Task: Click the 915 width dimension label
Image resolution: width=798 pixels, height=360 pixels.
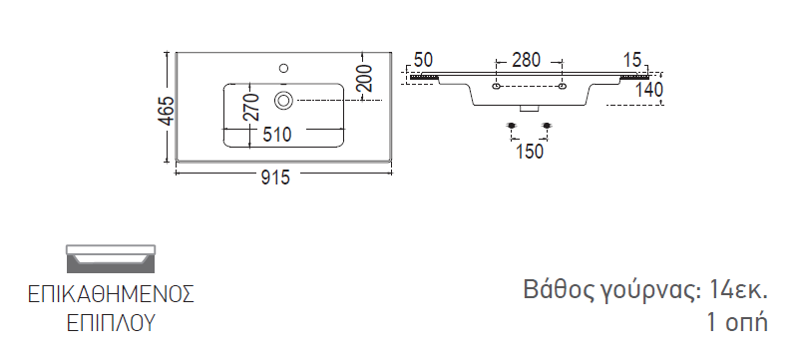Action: (x=275, y=177)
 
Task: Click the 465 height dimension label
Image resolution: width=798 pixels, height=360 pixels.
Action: (x=167, y=111)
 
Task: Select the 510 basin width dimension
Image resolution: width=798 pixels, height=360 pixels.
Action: (x=277, y=135)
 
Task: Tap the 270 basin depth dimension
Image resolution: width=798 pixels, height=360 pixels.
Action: (x=251, y=108)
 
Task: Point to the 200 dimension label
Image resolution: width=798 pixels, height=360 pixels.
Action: (x=364, y=78)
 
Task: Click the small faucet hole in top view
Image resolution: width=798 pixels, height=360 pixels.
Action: (x=284, y=68)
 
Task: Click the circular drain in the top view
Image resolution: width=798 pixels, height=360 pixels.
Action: (x=283, y=100)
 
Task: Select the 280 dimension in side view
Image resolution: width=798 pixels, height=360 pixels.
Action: (x=527, y=60)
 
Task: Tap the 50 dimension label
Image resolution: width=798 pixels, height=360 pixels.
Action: (x=423, y=60)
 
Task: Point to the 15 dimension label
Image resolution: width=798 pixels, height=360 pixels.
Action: (x=632, y=60)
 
